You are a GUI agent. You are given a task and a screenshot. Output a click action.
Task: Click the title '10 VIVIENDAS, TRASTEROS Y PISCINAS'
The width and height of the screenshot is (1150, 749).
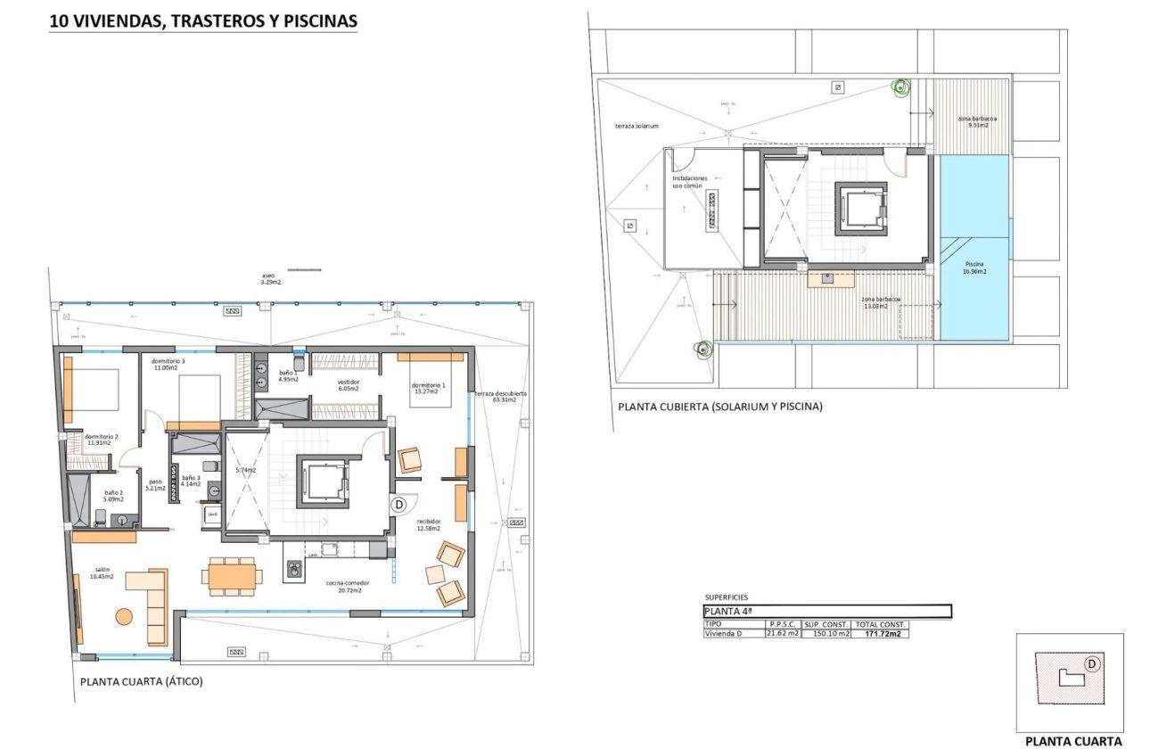203,20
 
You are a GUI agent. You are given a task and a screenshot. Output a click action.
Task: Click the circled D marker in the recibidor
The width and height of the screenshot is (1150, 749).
399,505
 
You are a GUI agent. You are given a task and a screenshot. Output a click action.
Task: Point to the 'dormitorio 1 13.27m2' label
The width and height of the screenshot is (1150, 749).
429,389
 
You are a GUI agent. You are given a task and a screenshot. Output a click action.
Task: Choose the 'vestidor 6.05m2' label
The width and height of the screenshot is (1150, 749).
348,385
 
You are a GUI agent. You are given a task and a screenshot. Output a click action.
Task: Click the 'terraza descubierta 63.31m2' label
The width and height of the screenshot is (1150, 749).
500,396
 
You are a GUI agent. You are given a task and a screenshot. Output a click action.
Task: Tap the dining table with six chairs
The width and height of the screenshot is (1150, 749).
232,575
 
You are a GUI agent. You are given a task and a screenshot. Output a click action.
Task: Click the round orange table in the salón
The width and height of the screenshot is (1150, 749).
124,615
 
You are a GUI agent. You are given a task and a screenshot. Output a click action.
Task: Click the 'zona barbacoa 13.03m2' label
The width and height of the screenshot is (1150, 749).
882,302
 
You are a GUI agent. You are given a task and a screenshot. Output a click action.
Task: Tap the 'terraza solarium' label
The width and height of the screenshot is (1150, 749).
637,126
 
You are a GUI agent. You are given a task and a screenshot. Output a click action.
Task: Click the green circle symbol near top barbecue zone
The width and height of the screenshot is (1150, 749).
901,87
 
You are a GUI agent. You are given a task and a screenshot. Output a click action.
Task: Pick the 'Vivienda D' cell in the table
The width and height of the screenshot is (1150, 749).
723,634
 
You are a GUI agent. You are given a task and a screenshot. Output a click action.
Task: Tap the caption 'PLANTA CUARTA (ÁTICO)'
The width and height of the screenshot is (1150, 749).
142,682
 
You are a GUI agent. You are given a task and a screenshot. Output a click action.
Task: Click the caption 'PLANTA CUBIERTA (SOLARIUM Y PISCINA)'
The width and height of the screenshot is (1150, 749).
719,407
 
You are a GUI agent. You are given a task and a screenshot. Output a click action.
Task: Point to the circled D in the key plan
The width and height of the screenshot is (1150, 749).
1091,664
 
